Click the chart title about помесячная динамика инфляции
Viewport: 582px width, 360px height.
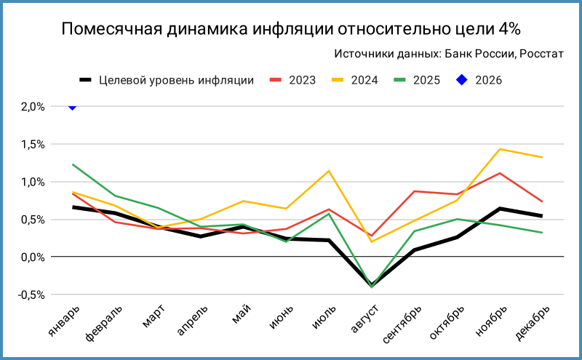(x=291, y=29)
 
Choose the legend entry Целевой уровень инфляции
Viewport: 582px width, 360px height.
(x=167, y=80)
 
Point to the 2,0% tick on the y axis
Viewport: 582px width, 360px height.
(x=32, y=107)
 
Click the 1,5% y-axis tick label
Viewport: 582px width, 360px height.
(x=32, y=144)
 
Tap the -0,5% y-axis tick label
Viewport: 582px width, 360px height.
(x=31, y=295)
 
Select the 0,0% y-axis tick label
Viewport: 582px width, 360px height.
(x=32, y=257)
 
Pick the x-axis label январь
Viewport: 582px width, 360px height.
(x=61, y=320)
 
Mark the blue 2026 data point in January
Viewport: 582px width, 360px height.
(x=72, y=106)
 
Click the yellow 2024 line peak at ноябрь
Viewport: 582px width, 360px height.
(x=500, y=149)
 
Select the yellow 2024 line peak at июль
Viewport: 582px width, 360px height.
(x=329, y=171)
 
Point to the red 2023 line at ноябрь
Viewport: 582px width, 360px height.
(x=500, y=173)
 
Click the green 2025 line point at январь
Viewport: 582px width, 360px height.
(x=72, y=164)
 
